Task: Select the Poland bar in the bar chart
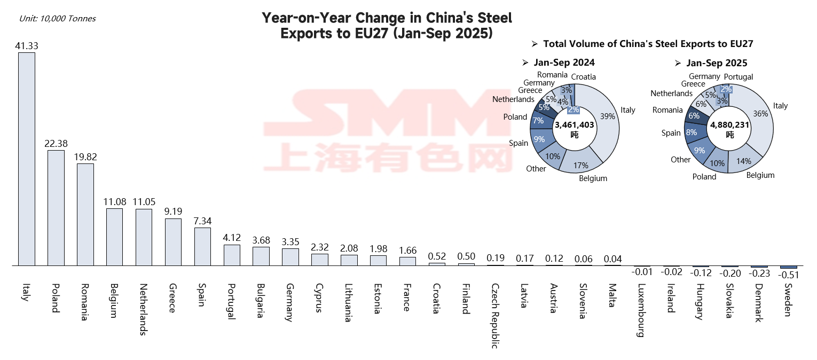pyautogui.click(x=56, y=208)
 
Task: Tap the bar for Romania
pyautogui.click(x=85, y=214)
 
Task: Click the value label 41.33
pyautogui.click(x=27, y=46)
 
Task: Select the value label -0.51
pyautogui.click(x=788, y=275)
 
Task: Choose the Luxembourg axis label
pyautogui.click(x=641, y=311)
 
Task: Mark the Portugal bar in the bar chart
pyautogui.click(x=232, y=255)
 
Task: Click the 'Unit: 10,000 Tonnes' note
pyautogui.click(x=57, y=19)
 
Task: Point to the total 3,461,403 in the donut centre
pyautogui.click(x=574, y=124)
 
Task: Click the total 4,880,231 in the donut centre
pyautogui.click(x=729, y=124)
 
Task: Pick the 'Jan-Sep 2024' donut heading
pyautogui.click(x=564, y=62)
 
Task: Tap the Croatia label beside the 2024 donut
pyautogui.click(x=583, y=77)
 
